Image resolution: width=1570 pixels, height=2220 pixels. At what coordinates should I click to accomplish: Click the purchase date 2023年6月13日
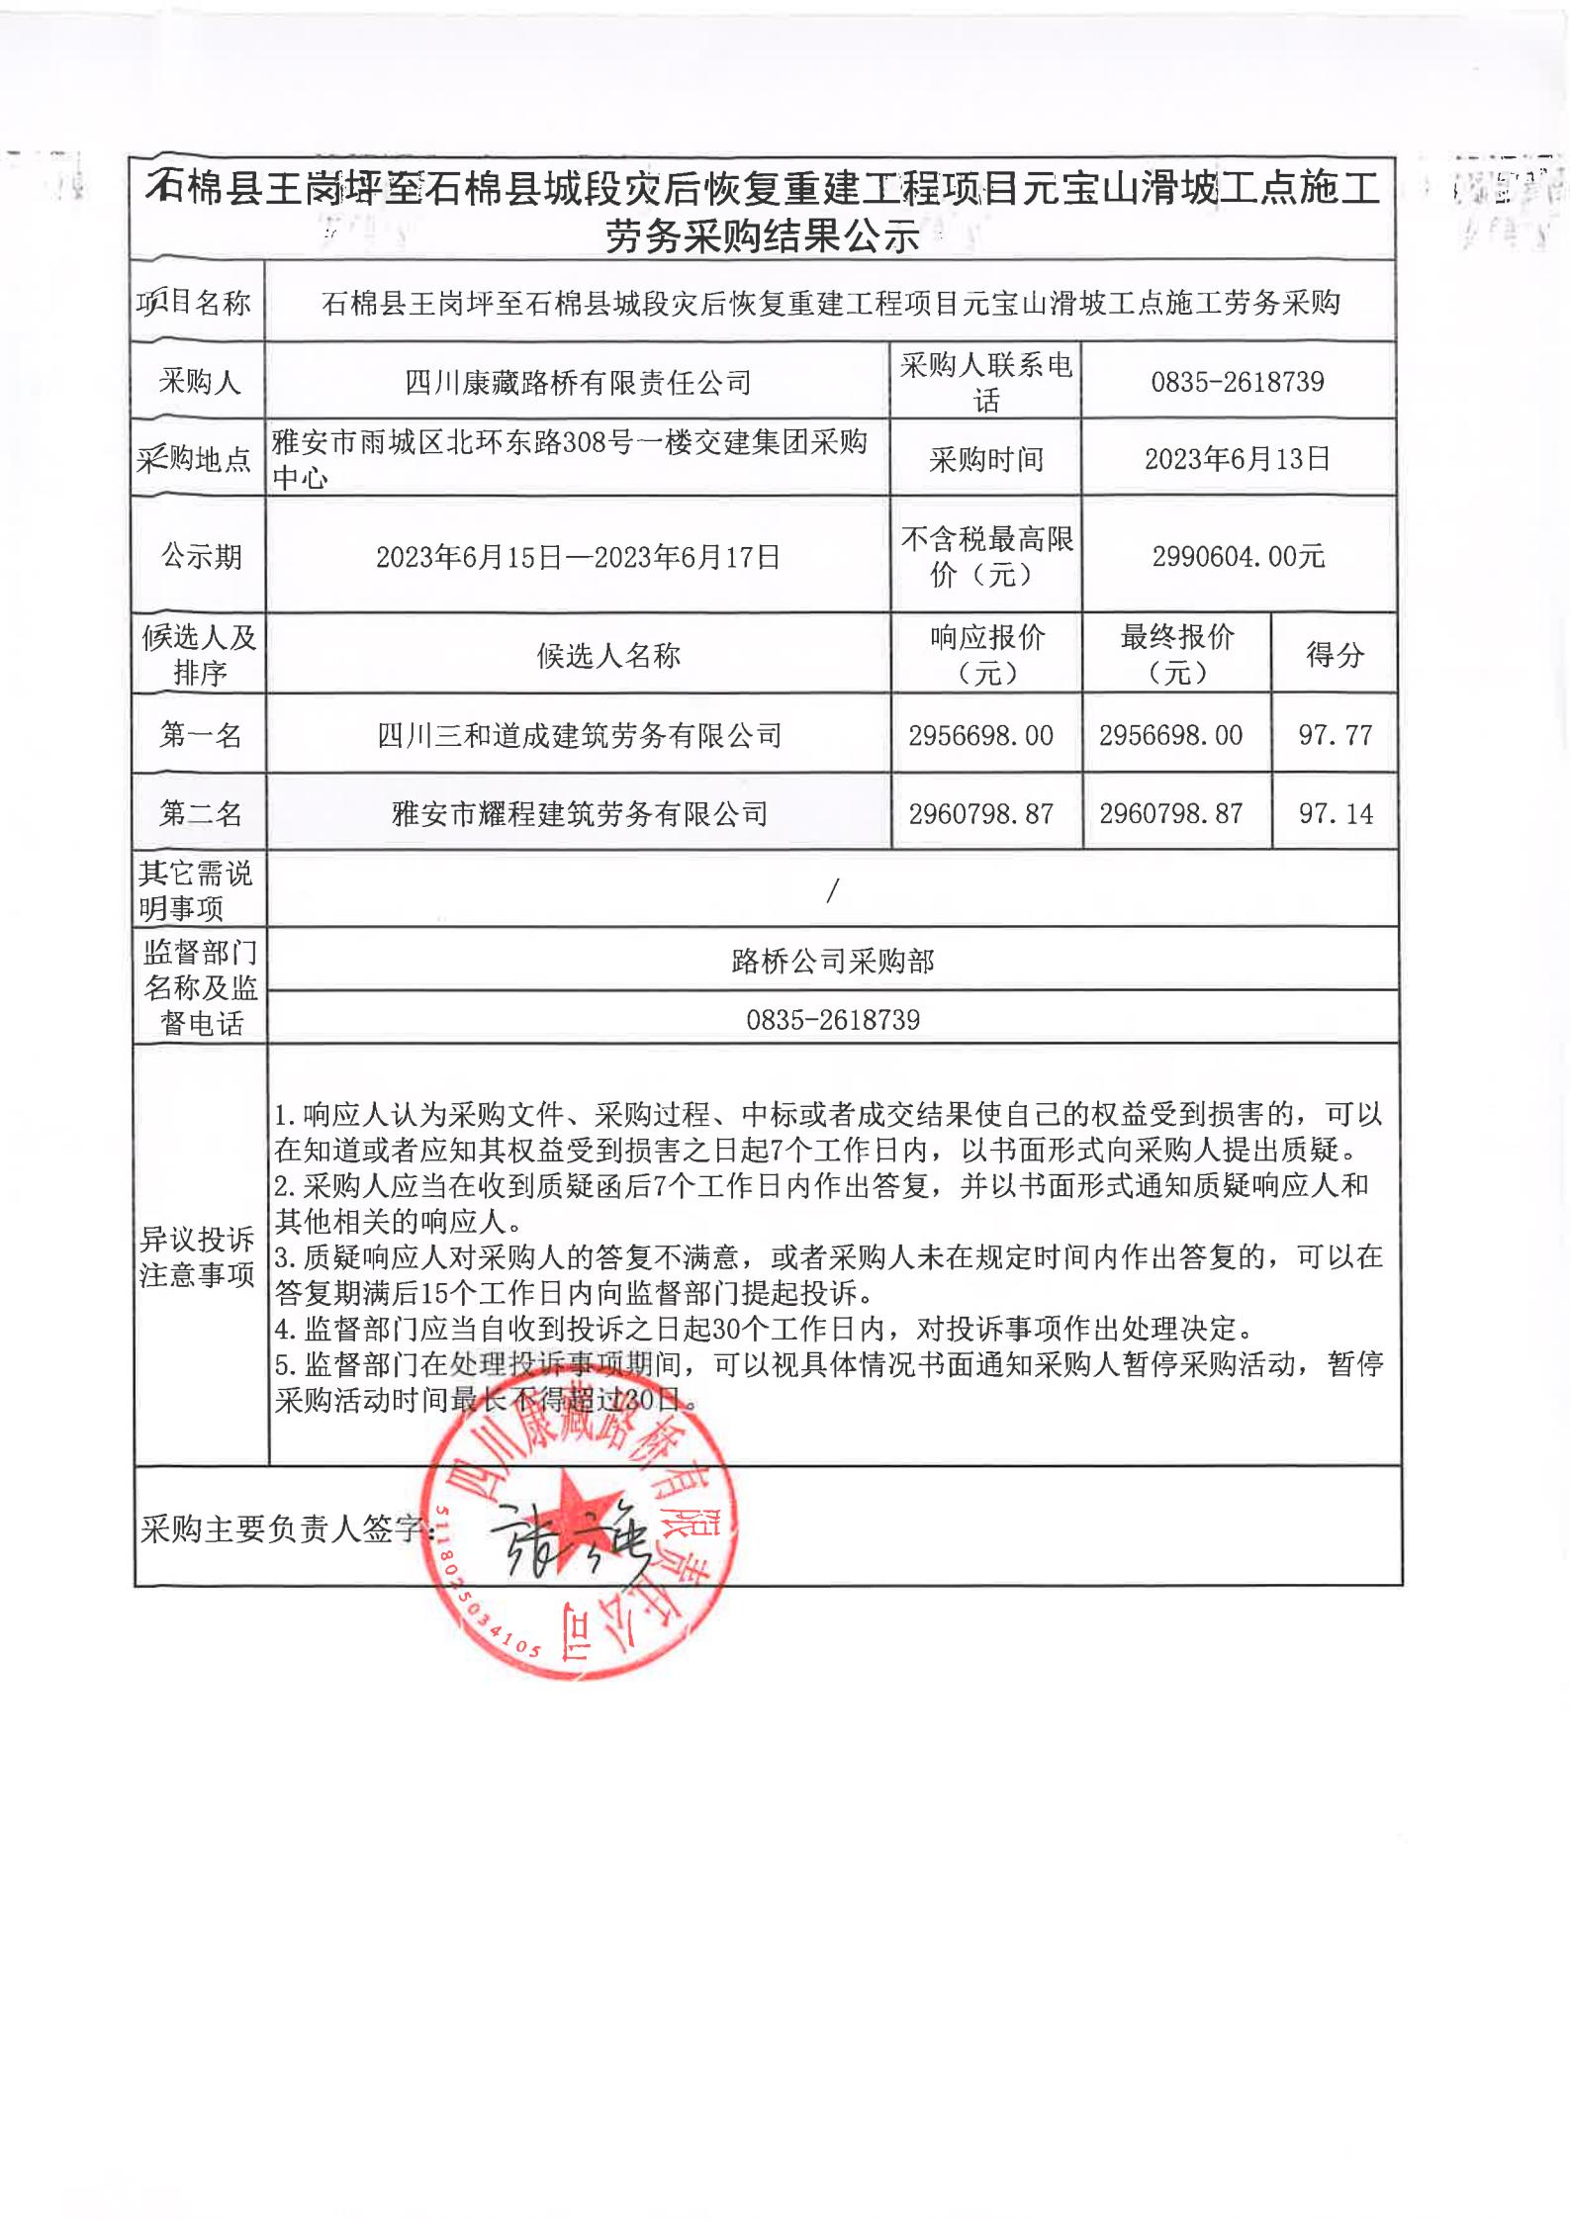[x=1237, y=459]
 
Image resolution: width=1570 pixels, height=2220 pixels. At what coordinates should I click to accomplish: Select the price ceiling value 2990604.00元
[x=1238, y=556]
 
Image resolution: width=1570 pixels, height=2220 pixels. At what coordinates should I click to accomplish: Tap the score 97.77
[x=1335, y=735]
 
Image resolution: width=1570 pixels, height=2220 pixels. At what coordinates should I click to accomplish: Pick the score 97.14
[x=1335, y=813]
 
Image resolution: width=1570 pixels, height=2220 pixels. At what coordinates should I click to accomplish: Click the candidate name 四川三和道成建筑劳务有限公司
[x=580, y=735]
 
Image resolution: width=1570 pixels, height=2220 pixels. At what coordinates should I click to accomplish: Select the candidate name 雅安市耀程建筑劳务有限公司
[x=580, y=814]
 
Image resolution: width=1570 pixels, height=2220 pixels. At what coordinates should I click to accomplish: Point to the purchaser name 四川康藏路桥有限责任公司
[x=579, y=383]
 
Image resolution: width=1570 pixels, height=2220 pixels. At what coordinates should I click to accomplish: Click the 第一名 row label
[x=200, y=735]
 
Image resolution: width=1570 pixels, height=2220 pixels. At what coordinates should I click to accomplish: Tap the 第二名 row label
[x=200, y=813]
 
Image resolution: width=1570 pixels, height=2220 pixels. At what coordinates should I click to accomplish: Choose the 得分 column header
[x=1335, y=654]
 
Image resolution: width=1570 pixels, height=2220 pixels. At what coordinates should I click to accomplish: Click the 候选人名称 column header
[x=608, y=655]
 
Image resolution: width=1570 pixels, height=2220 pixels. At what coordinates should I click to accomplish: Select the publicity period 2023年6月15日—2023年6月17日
[x=579, y=557]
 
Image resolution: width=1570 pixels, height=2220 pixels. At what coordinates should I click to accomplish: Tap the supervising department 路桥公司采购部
[x=833, y=961]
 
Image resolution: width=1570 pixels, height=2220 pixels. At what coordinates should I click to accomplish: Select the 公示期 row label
[x=201, y=557]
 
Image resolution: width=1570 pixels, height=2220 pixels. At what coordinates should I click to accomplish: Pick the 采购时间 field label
[x=985, y=460]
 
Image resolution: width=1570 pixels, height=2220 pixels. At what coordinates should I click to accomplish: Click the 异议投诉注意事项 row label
[x=198, y=1256]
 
